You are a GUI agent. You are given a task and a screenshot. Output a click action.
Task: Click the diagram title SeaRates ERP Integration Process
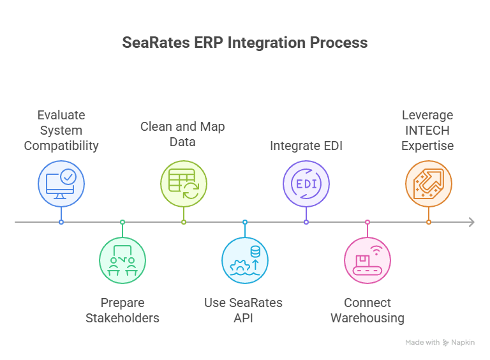click(x=244, y=43)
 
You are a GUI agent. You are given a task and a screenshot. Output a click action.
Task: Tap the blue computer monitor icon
click(x=61, y=184)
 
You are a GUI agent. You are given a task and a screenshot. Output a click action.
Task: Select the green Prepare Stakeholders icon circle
click(x=122, y=260)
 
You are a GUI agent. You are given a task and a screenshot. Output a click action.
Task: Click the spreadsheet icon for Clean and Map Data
click(x=184, y=184)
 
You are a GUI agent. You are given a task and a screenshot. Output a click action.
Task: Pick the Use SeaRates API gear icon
click(x=245, y=260)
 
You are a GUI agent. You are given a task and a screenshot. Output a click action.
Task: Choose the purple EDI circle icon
click(x=306, y=184)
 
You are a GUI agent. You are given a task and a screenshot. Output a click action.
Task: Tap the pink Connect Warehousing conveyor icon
click(x=367, y=260)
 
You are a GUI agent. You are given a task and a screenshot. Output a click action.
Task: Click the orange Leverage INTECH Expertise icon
click(x=429, y=184)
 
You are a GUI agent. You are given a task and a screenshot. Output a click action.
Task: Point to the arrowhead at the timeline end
click(x=471, y=222)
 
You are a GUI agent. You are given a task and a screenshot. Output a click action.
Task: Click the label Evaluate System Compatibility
click(x=61, y=130)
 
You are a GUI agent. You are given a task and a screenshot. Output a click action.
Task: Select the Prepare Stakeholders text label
click(x=122, y=310)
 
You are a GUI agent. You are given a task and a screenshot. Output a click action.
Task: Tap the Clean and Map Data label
click(x=182, y=134)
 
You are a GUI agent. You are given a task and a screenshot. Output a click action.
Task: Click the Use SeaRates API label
click(x=243, y=310)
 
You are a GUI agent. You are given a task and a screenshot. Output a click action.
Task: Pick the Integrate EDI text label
click(x=306, y=146)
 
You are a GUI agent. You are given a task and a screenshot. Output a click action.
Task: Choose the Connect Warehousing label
click(x=367, y=310)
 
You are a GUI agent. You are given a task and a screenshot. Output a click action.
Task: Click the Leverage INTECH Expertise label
click(x=427, y=130)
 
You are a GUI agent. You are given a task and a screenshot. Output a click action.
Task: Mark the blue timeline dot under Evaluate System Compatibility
click(x=61, y=222)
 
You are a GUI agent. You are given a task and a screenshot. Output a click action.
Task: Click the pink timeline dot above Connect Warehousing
click(x=367, y=222)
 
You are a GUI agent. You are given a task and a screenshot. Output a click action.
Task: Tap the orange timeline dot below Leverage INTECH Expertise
click(x=429, y=222)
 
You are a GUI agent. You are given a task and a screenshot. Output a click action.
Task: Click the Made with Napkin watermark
click(x=440, y=343)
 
